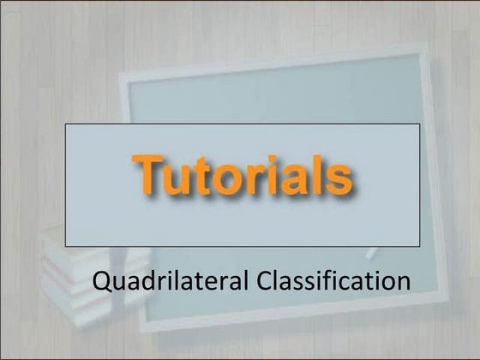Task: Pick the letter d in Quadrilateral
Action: click(140, 280)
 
